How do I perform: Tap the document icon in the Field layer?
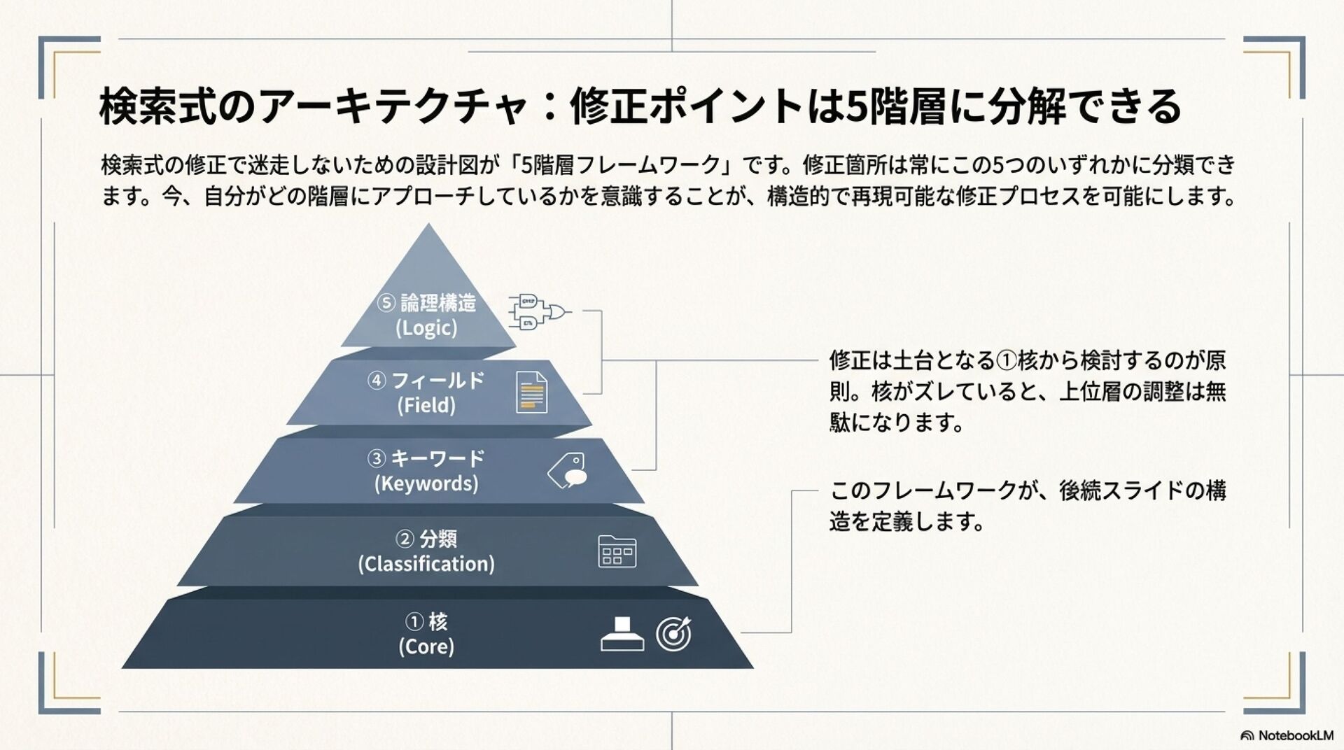tap(531, 392)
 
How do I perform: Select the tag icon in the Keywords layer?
tap(568, 470)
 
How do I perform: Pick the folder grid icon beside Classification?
tap(617, 551)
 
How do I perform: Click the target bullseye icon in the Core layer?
tap(673, 634)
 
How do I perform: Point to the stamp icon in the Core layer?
tap(622, 634)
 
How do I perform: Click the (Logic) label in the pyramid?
tap(426, 328)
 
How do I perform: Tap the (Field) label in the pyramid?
tap(426, 406)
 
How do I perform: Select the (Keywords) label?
tap(426, 484)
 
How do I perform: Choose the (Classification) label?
tap(426, 564)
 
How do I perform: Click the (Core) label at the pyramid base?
tap(426, 646)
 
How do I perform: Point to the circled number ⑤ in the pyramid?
tap(386, 303)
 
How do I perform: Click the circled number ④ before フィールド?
tap(377, 381)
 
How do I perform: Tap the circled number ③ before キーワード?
tap(377, 458)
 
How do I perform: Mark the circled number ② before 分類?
tap(405, 539)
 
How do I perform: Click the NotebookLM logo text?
tap(1295, 735)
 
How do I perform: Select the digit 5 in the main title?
tap(855, 107)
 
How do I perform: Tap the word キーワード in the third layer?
tap(437, 458)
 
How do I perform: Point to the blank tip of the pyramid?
tap(428, 259)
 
